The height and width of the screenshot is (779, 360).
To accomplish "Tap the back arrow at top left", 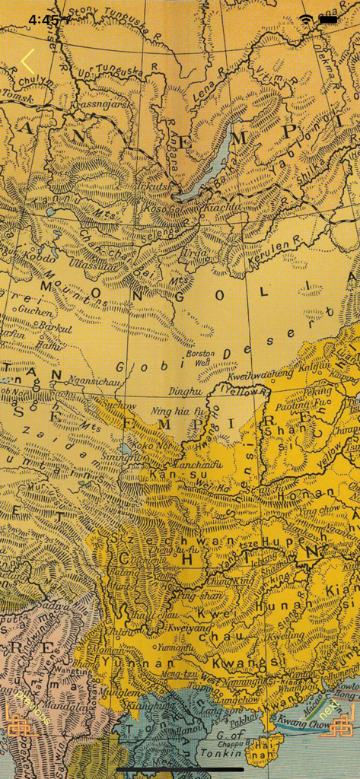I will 28,61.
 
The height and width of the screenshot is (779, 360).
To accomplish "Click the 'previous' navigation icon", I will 22,720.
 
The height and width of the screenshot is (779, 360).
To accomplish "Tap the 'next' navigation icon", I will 337,720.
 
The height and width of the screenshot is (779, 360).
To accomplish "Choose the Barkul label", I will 53,329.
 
